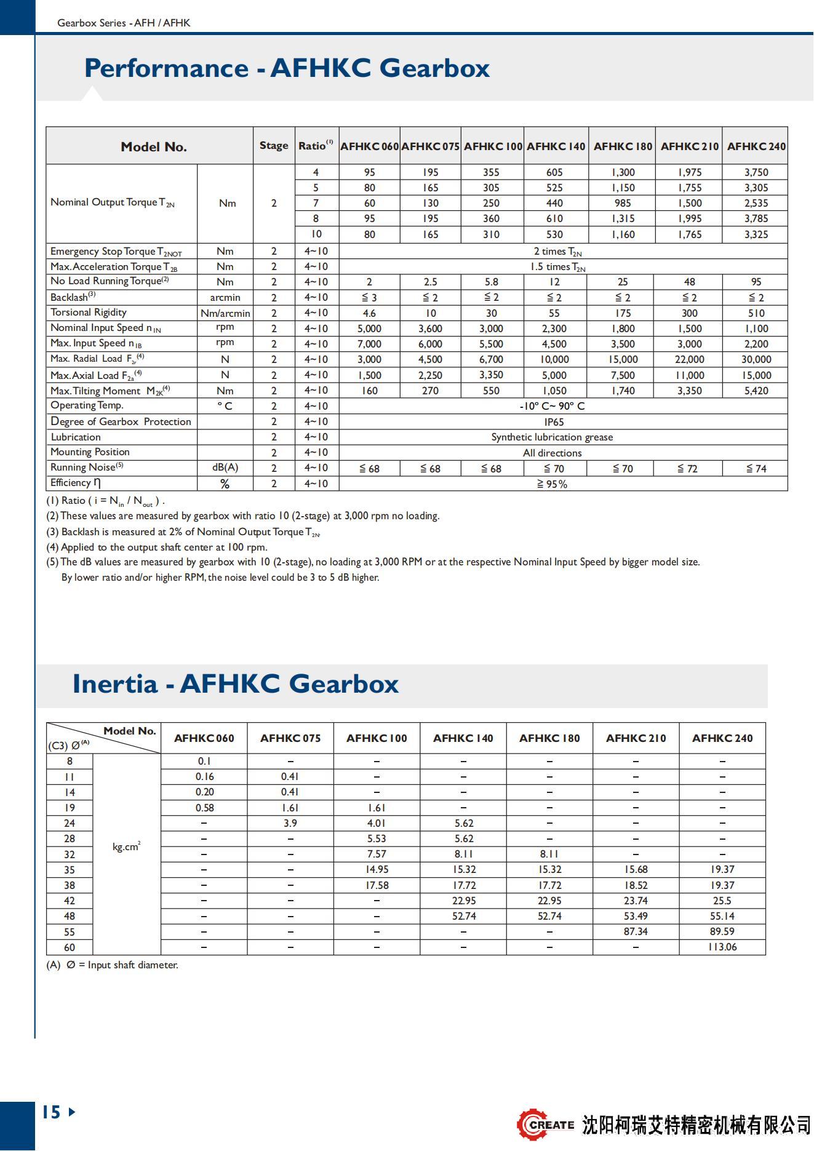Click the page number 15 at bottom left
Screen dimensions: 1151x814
coord(52,1112)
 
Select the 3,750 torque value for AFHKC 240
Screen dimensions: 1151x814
coord(756,172)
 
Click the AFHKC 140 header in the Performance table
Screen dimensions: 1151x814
coord(556,146)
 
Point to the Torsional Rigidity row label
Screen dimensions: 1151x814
coord(89,313)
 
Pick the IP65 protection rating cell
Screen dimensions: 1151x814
coord(554,422)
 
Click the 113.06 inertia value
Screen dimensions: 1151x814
coord(722,947)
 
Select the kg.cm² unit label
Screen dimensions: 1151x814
coord(126,847)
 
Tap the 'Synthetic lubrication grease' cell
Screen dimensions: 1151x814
coord(552,437)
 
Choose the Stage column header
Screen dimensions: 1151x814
coord(274,146)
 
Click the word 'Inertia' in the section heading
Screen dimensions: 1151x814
coord(115,684)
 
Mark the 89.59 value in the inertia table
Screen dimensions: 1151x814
coord(722,931)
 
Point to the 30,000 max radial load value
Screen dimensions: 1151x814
coord(756,359)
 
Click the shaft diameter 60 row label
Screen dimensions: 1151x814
coord(70,947)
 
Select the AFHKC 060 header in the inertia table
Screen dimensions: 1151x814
coord(204,738)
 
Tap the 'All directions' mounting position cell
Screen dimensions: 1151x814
coord(552,453)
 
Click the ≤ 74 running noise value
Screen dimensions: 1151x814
coord(756,469)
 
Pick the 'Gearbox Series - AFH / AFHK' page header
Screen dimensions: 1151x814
coord(124,23)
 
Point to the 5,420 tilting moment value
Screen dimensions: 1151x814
coord(756,391)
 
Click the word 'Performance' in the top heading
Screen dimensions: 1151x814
coord(166,68)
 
